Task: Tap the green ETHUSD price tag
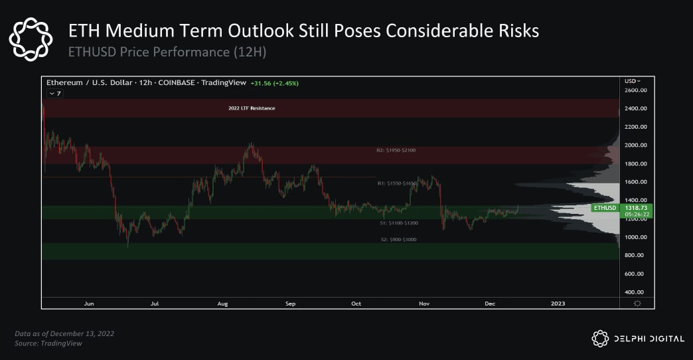coord(605,208)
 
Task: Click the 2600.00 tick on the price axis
coord(635,90)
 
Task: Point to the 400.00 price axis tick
coord(635,292)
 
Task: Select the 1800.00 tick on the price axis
coord(635,163)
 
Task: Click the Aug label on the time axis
coord(222,304)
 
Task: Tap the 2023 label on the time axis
coord(558,304)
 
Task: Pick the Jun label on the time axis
coord(89,304)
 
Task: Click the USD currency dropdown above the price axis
coord(633,80)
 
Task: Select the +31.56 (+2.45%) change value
coord(274,83)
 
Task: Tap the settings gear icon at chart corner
coord(637,304)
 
